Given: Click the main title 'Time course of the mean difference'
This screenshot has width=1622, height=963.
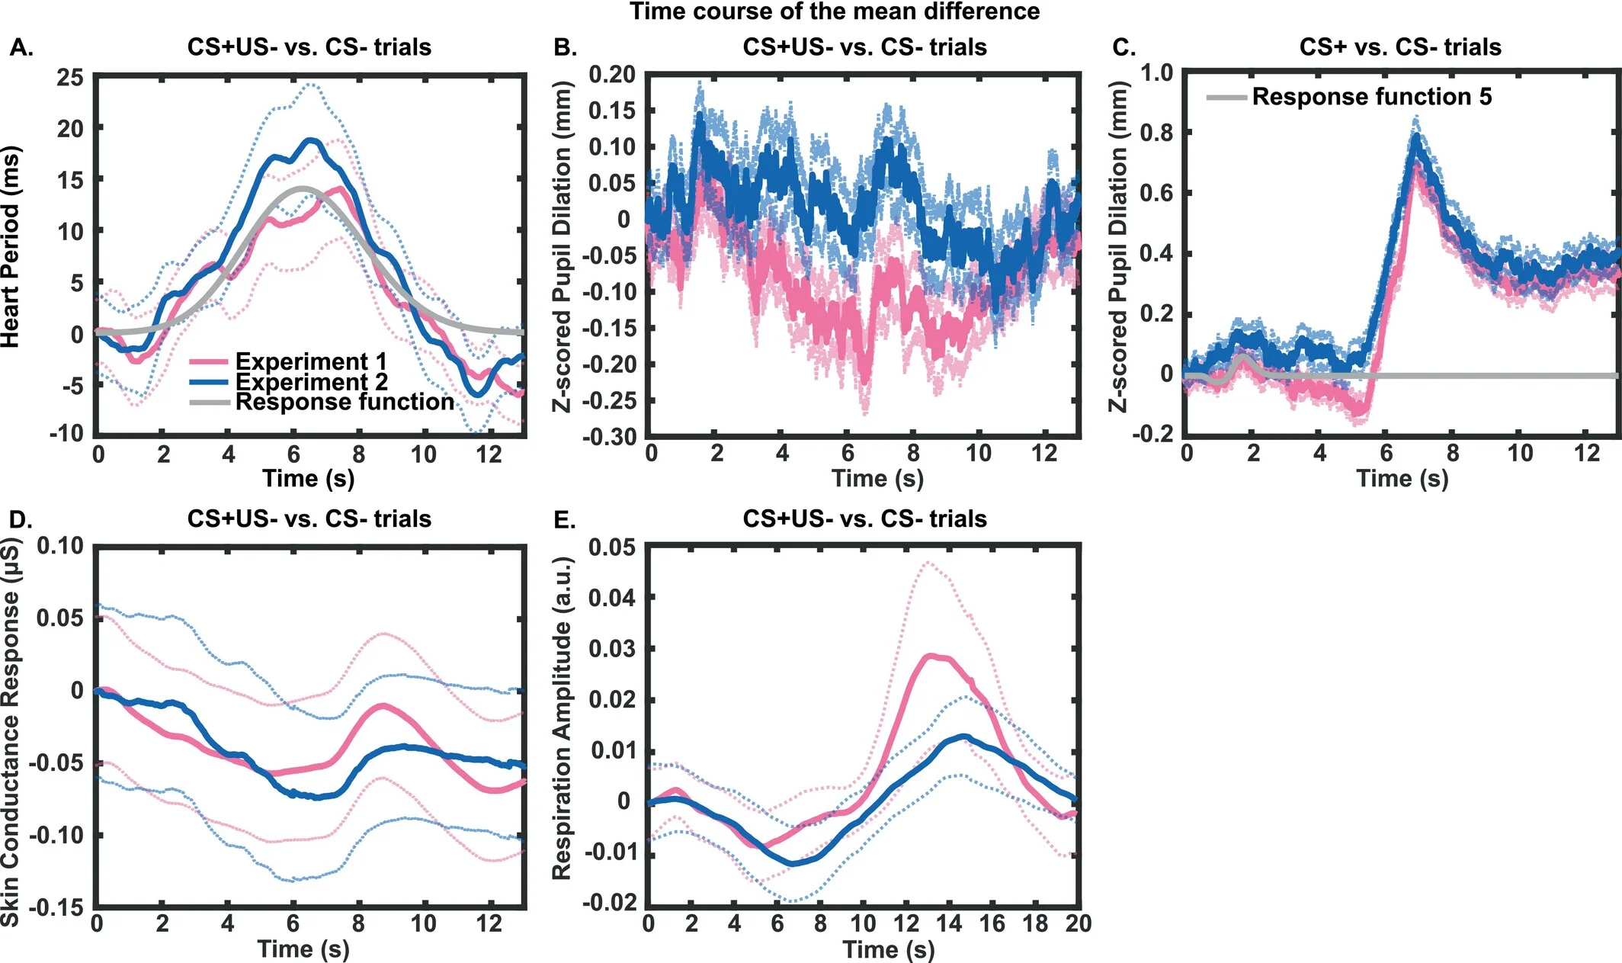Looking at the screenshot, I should (834, 11).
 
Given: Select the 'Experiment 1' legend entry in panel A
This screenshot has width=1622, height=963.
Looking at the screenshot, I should (310, 361).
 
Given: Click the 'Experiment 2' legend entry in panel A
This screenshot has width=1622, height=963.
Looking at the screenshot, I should (311, 381).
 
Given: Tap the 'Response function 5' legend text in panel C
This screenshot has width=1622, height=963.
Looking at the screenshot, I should (1371, 97).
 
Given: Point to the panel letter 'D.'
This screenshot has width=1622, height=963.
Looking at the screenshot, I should (21, 519).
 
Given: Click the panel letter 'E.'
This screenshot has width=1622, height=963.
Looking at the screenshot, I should (564, 519).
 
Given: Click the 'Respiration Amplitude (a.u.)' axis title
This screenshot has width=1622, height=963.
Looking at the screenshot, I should (562, 718).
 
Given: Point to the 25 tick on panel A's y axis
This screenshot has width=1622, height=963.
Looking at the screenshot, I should (70, 77).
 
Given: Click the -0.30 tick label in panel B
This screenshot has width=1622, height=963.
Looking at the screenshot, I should (609, 437).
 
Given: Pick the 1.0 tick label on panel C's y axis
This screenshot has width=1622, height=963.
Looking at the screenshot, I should (1156, 73).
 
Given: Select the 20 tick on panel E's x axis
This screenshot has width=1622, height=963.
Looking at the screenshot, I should (1078, 923).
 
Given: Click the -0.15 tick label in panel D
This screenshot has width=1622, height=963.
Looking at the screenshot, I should (56, 907).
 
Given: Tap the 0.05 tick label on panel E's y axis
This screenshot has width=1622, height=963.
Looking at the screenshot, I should (612, 547).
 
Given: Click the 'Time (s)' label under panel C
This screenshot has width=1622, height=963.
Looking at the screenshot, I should (1402, 478).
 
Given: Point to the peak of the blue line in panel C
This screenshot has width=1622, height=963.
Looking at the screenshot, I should (1416, 138).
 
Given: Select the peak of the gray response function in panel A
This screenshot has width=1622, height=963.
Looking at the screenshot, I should (303, 188).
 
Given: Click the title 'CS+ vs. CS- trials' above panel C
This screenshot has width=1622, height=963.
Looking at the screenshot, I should (1399, 47).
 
